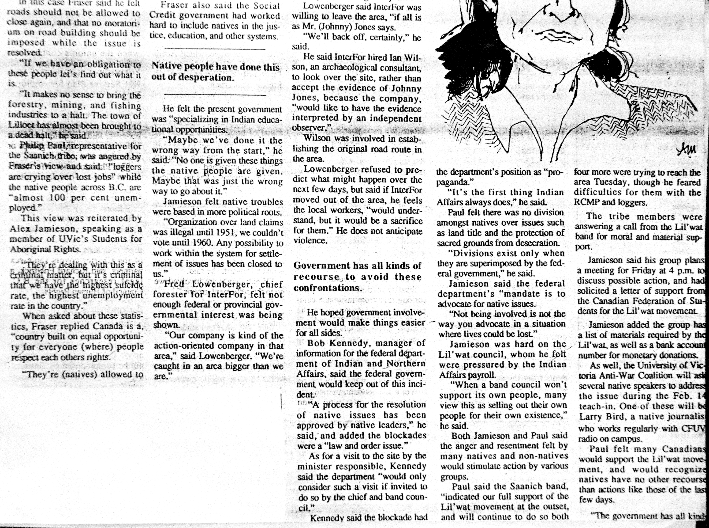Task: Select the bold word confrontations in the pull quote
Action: [328, 288]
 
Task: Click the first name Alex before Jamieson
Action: [19, 229]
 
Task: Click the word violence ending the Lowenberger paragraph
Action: [310, 241]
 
